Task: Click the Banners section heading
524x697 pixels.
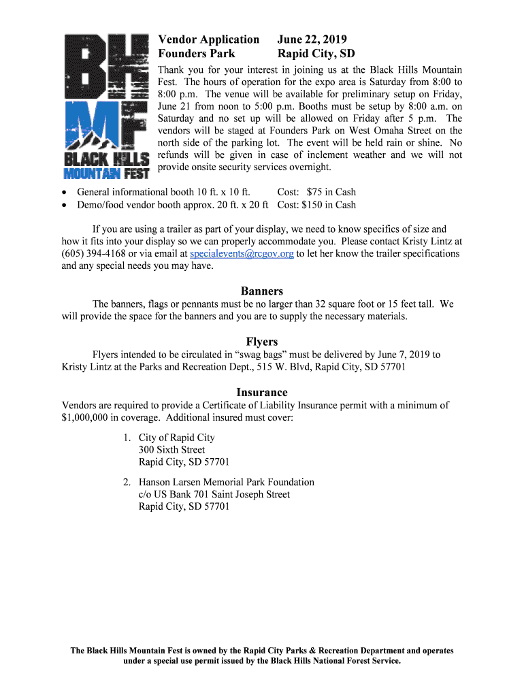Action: (x=262, y=291)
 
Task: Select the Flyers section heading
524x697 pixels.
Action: (x=262, y=342)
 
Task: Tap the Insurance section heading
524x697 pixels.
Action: (x=262, y=392)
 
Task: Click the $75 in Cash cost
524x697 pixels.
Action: (x=331, y=192)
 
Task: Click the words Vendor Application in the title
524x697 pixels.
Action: (x=208, y=39)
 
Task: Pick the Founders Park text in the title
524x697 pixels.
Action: (x=197, y=53)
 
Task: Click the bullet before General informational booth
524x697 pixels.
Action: (x=65, y=193)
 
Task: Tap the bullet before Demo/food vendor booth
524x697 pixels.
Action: (x=65, y=205)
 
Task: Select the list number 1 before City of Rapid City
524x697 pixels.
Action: (x=127, y=438)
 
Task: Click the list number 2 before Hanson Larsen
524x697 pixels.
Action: (x=127, y=482)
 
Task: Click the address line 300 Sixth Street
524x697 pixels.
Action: (x=171, y=450)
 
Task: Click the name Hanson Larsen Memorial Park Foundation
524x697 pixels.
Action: (x=227, y=482)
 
